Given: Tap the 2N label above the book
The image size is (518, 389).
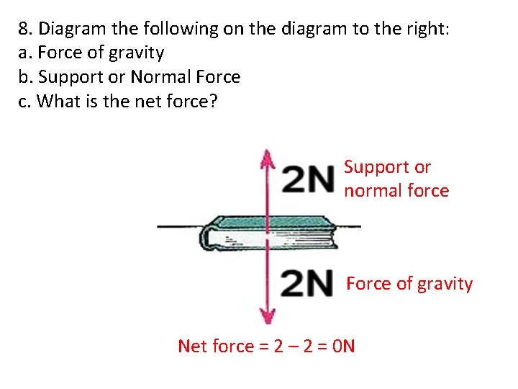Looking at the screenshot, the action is click(x=308, y=179).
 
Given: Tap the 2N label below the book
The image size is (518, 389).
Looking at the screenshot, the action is click(x=308, y=284).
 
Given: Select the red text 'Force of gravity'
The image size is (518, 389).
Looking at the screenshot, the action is click(x=409, y=284).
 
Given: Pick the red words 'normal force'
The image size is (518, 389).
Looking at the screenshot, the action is click(x=396, y=191).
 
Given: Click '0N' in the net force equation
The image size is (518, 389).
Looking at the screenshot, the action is click(x=344, y=346).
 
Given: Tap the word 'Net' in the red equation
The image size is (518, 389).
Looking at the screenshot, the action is click(x=192, y=346).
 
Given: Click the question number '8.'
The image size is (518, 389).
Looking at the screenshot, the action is click(x=27, y=30).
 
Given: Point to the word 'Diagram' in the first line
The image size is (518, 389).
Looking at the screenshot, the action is click(x=69, y=30).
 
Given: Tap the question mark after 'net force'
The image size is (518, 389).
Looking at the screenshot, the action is click(x=212, y=101).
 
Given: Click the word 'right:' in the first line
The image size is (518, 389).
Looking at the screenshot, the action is click(x=429, y=30).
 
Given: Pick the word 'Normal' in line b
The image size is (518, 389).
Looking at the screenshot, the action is click(x=158, y=77).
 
